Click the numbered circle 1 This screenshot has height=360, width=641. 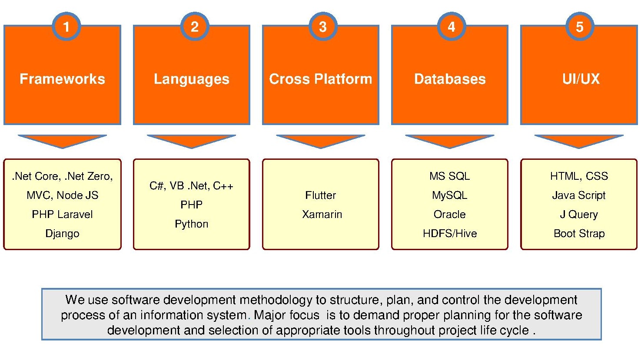click(x=66, y=26)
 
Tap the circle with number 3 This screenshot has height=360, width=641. click(x=323, y=26)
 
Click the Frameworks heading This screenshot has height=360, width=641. click(x=63, y=79)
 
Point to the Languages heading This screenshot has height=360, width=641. click(x=192, y=79)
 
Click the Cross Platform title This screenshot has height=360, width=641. click(x=321, y=79)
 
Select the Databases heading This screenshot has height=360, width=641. click(x=450, y=79)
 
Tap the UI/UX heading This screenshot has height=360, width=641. click(x=581, y=79)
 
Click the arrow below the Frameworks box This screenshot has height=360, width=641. click(x=63, y=141)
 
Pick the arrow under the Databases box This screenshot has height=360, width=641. click(x=449, y=141)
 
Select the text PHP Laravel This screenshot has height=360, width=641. click(x=63, y=215)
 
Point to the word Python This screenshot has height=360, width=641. click(x=192, y=224)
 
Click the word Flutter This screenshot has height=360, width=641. click(x=321, y=195)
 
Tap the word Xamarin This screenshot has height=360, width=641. click(x=322, y=215)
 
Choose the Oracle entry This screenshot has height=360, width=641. click(x=449, y=215)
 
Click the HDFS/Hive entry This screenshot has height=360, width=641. click(x=450, y=234)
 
